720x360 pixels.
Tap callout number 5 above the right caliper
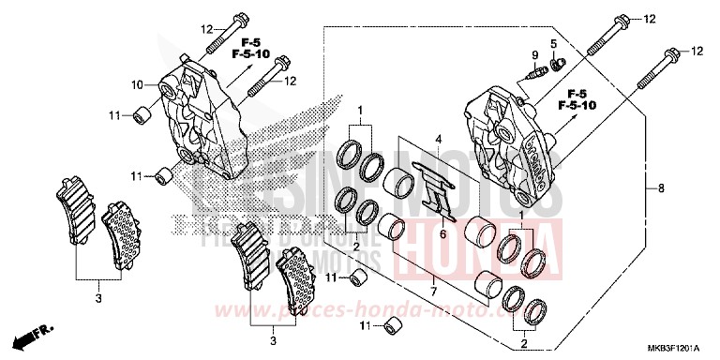click(x=554, y=43)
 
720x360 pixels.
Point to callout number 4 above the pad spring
click(x=437, y=140)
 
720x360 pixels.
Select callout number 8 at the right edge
click(x=660, y=188)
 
